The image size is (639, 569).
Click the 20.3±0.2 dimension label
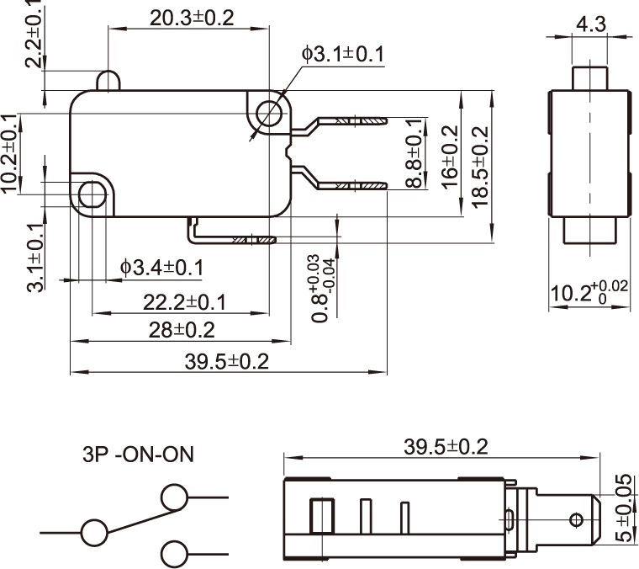point(193,18)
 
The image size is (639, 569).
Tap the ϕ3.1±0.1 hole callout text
point(343,55)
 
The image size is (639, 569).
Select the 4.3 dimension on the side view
point(590,24)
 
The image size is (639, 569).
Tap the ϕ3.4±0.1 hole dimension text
point(161,268)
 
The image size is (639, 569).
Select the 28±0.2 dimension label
point(182,329)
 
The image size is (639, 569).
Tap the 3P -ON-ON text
point(138,455)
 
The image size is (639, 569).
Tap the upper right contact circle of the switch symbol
point(175,497)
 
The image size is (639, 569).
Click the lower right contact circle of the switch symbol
point(175,554)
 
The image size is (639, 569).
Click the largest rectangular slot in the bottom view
point(320,515)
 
